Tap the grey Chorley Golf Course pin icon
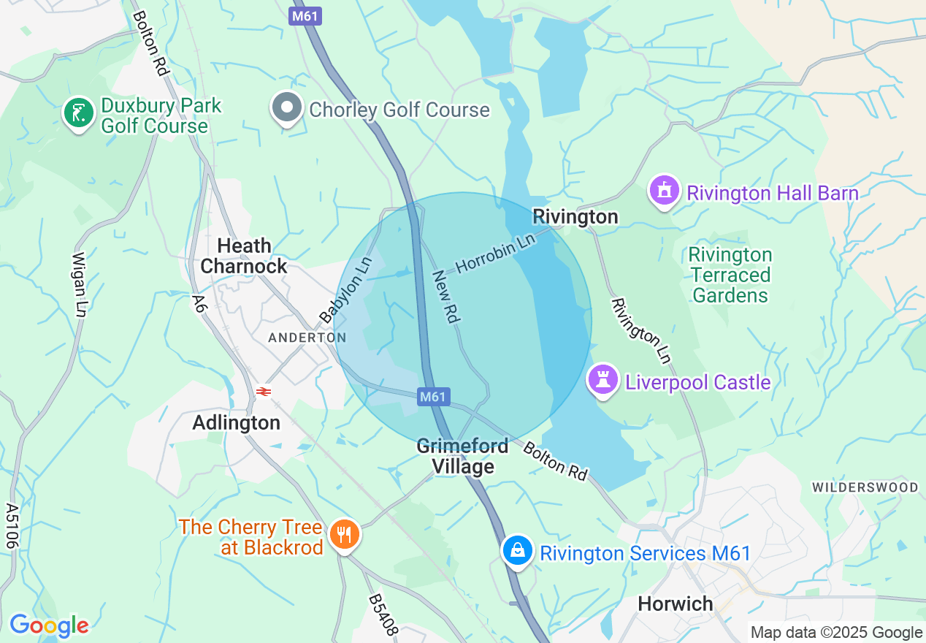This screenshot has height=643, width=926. coord(287,107)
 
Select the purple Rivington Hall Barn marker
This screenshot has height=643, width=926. coord(664,191)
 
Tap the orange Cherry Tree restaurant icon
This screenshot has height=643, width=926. coord(343,535)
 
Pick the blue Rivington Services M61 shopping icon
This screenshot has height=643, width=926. coord(517,550)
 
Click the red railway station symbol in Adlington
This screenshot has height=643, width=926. coord(264,392)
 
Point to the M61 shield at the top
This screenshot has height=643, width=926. coord(305,16)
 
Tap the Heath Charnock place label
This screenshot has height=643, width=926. coord(244,256)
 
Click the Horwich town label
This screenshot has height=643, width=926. coord(675,604)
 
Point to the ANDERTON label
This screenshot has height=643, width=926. coord(307,338)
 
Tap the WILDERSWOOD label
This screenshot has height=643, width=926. coord(865,487)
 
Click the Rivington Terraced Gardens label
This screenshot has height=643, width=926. coord(730,275)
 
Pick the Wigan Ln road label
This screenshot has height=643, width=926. coord(78,284)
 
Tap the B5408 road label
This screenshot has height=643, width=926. coord(383,614)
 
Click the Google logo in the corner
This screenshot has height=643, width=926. coord(49,625)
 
